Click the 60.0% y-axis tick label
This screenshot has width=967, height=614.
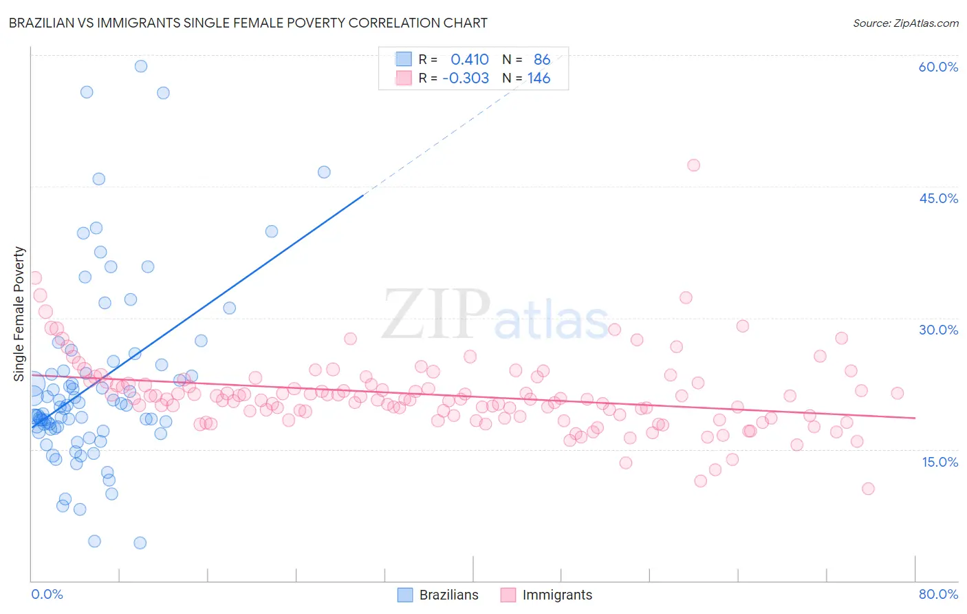point(937,67)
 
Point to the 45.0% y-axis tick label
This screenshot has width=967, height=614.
point(938,198)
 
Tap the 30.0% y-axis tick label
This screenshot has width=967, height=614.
point(938,330)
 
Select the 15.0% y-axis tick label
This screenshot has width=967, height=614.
point(939,462)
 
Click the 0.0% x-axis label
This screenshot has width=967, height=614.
point(47,594)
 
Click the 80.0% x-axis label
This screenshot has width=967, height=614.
point(938,594)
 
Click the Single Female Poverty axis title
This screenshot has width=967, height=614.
point(19,314)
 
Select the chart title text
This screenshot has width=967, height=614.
point(248,23)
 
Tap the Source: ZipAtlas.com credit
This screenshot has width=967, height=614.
point(905,23)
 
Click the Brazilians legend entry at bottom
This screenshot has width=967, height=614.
point(438,595)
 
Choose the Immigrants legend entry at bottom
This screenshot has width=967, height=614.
point(546,595)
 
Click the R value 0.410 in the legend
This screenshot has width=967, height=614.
point(469,60)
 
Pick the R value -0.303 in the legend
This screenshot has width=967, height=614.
point(466,78)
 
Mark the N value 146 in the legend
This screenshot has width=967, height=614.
point(539,78)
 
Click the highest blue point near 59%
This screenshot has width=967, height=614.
point(141,66)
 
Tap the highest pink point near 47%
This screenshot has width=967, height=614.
point(693,165)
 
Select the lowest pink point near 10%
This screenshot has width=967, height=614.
point(868,489)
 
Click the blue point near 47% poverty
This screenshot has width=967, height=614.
point(324,172)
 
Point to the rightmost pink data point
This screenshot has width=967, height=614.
point(897,393)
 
